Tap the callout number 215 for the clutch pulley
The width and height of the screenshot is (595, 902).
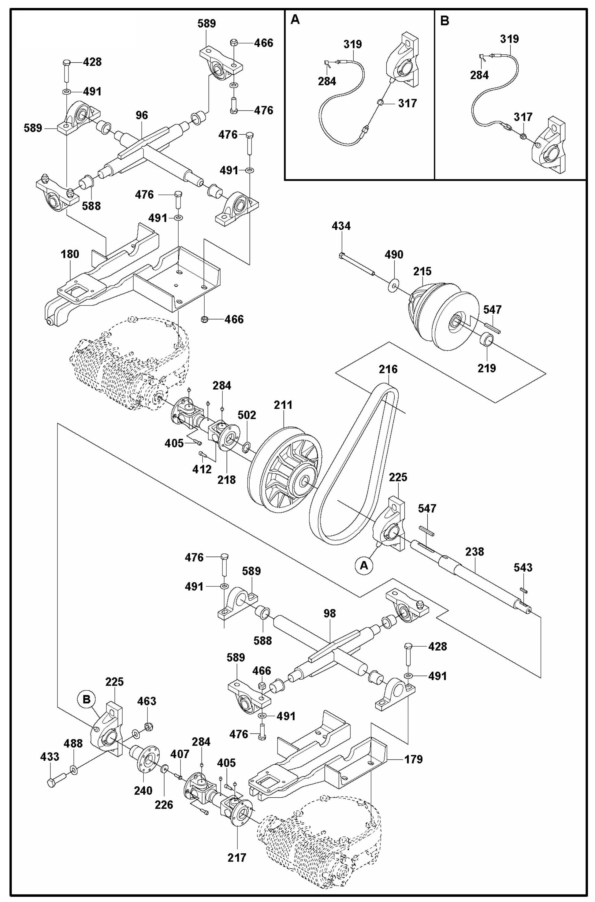(422, 271)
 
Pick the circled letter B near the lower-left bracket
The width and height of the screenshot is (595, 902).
(87, 699)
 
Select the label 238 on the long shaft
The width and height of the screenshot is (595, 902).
(474, 551)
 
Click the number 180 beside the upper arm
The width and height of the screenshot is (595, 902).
(70, 254)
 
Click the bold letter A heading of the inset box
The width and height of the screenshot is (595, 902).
(295, 20)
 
